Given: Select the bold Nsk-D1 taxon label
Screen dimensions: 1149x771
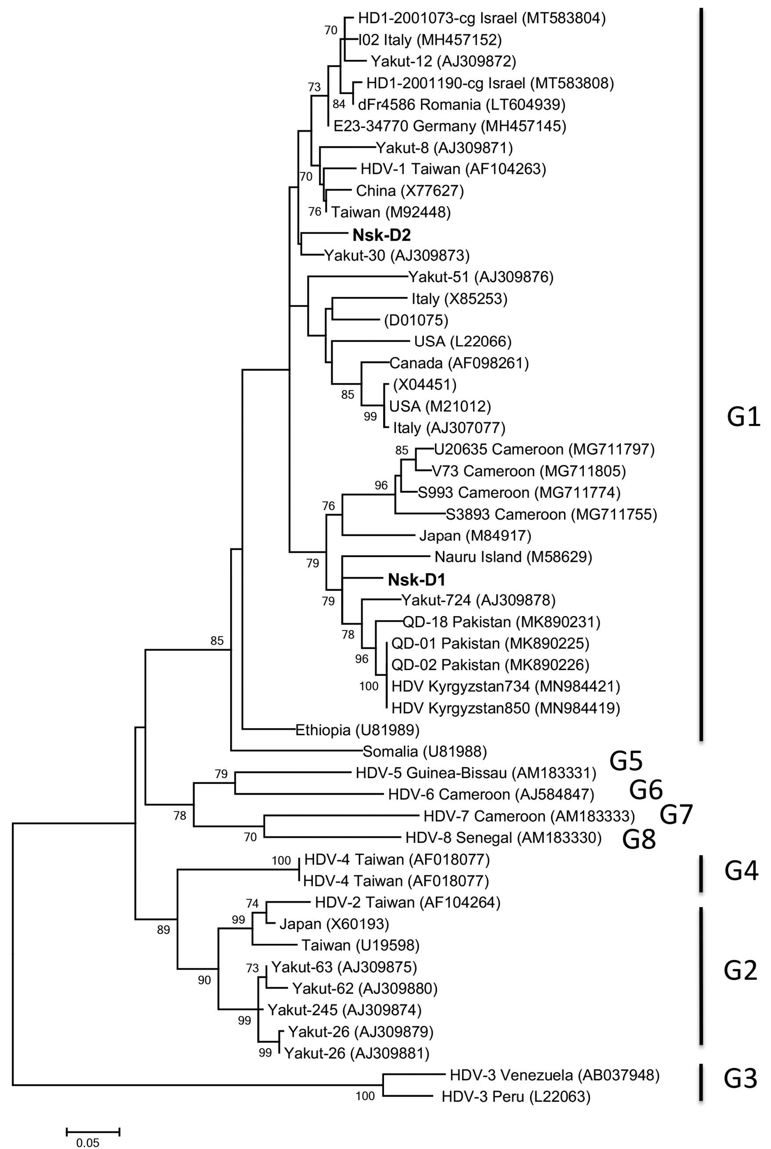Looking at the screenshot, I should tap(416, 580).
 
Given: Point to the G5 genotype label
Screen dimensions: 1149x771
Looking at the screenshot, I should tap(626, 761).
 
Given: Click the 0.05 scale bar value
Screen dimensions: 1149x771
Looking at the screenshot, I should tap(88, 1142).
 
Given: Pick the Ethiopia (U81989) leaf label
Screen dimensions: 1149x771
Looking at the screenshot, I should tap(357, 730).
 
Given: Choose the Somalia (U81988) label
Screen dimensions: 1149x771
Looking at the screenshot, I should tap(424, 751).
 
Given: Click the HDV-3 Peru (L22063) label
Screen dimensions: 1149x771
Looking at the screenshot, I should tap(516, 1096).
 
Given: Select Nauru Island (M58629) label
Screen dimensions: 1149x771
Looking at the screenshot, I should tap(513, 557).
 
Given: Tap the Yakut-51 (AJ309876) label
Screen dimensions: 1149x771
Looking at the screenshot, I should tap(481, 277).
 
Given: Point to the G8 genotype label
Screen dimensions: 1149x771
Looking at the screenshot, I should tap(639, 839).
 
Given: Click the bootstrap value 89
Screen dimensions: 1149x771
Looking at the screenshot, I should tap(163, 930).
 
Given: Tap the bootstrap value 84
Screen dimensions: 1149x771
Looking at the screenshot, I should tap(339, 104).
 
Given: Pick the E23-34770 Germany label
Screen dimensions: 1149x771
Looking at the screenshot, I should tap(450, 126).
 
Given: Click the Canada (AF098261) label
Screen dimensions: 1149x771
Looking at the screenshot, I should tap(459, 363).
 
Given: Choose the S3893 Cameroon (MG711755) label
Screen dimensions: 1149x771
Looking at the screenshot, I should tap(551, 514).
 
